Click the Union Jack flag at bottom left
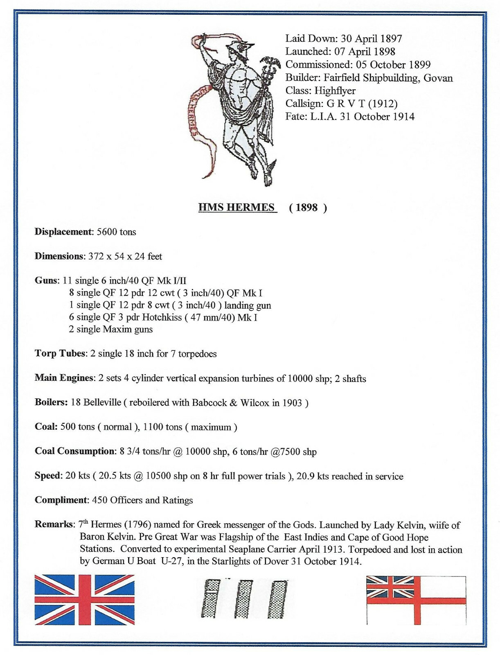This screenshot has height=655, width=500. pyautogui.click(x=84, y=599)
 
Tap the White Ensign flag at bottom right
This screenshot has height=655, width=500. pyautogui.click(x=416, y=600)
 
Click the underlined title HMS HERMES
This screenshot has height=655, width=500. pyautogui.click(x=236, y=207)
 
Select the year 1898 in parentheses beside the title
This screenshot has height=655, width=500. pyautogui.click(x=306, y=208)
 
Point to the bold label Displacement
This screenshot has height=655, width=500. pyautogui.click(x=64, y=232)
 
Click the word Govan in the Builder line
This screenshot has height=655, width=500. pyautogui.click(x=438, y=78)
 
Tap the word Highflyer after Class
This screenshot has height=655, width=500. pyautogui.click(x=335, y=90)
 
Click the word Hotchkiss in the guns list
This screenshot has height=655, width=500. pyautogui.click(x=162, y=317)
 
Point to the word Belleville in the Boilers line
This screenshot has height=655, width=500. pyautogui.click(x=102, y=402)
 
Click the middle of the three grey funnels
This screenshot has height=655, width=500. pyautogui.click(x=244, y=599)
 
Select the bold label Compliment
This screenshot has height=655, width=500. pyautogui.click(x=61, y=500)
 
